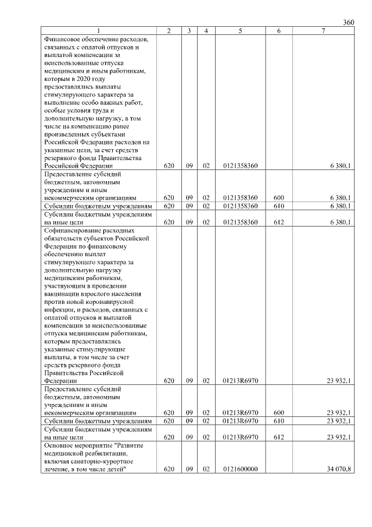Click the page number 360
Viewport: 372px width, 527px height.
[348, 22]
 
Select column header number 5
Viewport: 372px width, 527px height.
[239, 31]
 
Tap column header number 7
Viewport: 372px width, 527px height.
[323, 31]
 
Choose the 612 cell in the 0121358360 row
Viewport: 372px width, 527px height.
[278, 222]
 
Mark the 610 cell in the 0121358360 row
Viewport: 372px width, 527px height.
[278, 206]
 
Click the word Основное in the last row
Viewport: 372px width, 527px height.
[60, 445]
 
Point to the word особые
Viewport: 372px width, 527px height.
[55, 111]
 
